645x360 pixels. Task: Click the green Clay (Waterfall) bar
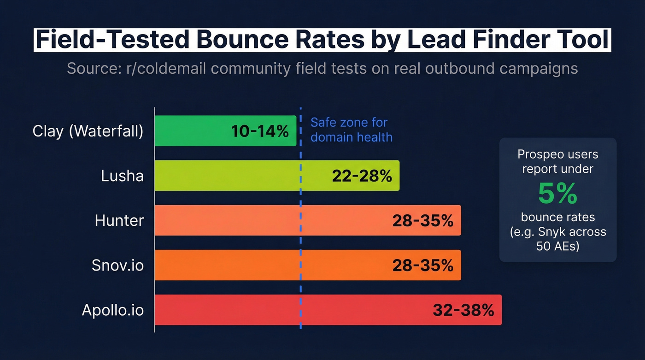pyautogui.click(x=193, y=131)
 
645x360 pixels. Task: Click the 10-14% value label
pyautogui.click(x=260, y=131)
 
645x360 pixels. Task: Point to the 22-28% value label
pyautogui.click(x=362, y=176)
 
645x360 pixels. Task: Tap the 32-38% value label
pyautogui.click(x=463, y=310)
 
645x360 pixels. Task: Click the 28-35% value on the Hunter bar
pyautogui.click(x=423, y=220)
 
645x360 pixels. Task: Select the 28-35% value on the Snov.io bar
pyautogui.click(x=423, y=265)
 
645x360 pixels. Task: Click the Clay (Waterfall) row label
pyautogui.click(x=88, y=131)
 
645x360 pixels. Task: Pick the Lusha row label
pyautogui.click(x=122, y=176)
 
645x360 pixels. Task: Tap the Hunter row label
pyautogui.click(x=119, y=220)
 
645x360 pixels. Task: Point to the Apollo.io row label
pyautogui.click(x=113, y=310)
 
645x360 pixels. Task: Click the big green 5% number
pyautogui.click(x=557, y=194)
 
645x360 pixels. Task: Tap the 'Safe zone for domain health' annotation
pyautogui.click(x=351, y=130)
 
